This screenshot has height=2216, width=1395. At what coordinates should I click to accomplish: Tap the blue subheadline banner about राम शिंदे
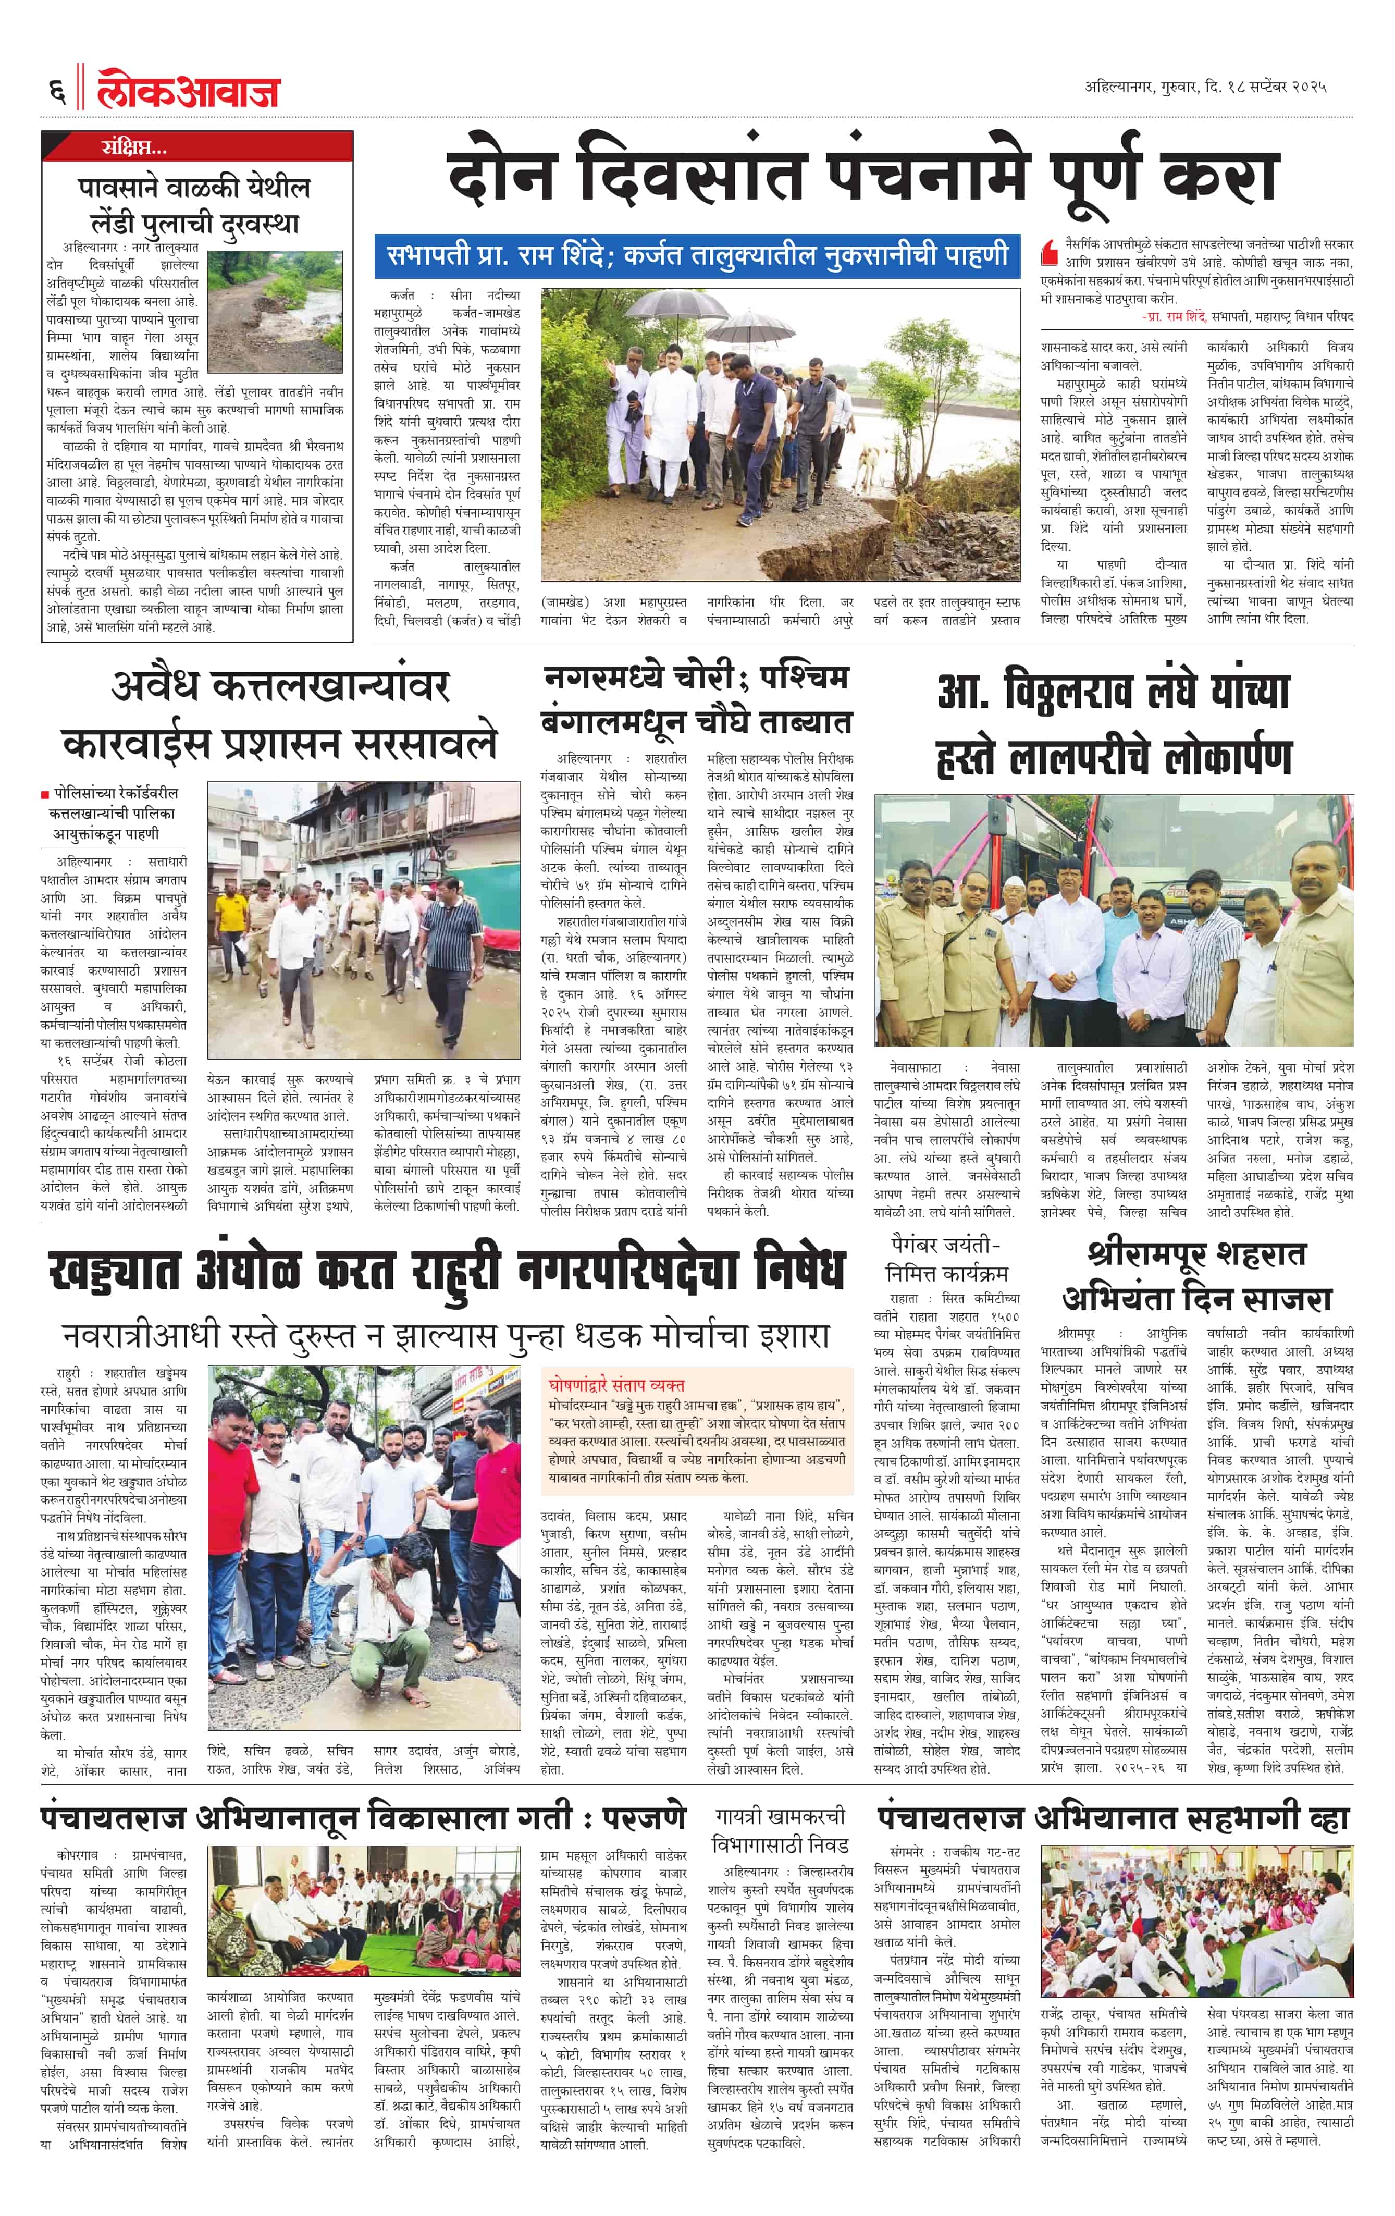coord(697,255)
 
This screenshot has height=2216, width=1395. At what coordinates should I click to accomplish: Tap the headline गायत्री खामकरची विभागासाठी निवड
coord(780,1831)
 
